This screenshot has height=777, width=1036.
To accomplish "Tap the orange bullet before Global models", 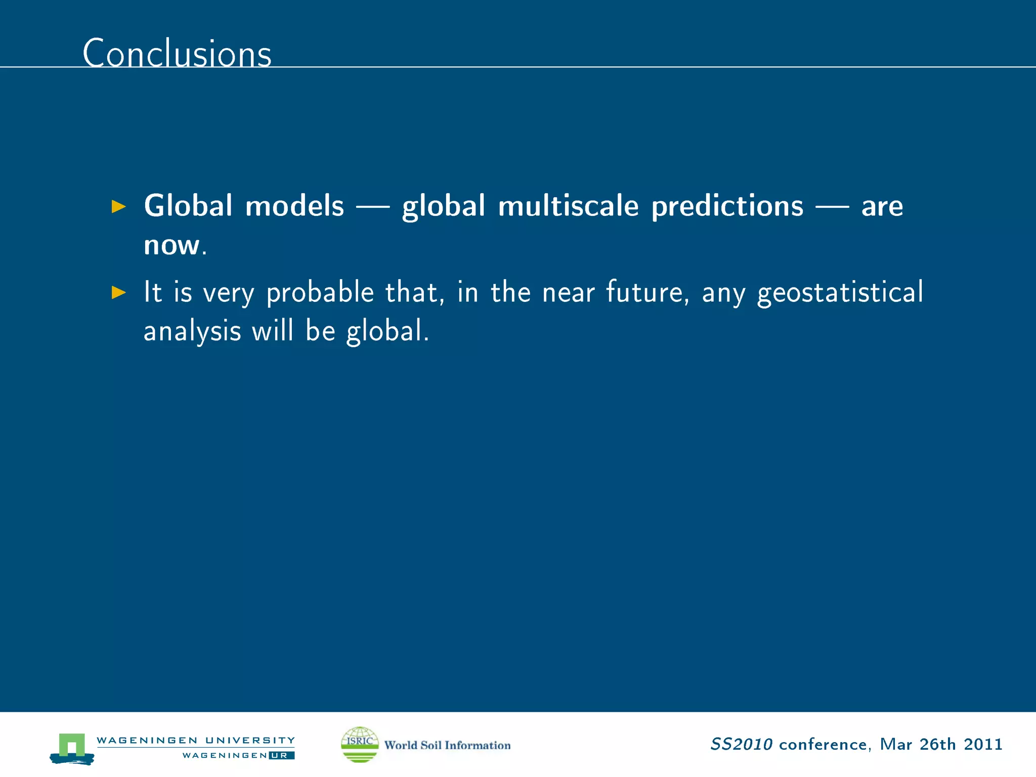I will (x=118, y=206).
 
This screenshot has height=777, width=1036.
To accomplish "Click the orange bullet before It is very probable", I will (x=118, y=292).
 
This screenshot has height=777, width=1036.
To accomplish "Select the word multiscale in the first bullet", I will (x=568, y=206).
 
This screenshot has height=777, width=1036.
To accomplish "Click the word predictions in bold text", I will (x=727, y=207).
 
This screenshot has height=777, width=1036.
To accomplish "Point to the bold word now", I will (x=171, y=245).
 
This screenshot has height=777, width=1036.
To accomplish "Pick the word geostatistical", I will (x=840, y=293).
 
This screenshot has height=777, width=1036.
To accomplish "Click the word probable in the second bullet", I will (x=320, y=293).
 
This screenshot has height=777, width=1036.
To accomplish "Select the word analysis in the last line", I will (x=192, y=332).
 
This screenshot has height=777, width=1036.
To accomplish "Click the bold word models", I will (x=294, y=206).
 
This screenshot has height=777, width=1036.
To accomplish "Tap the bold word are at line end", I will (x=882, y=207).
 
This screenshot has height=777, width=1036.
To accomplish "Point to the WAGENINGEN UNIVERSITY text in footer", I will (x=195, y=740).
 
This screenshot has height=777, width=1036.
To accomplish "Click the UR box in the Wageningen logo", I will (x=281, y=755).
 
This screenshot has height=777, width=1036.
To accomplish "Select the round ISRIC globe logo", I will (x=360, y=744).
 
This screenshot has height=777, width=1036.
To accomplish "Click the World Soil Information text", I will (x=447, y=745).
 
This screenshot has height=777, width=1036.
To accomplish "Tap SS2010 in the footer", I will (x=741, y=744).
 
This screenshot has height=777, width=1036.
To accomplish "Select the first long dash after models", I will (x=373, y=206).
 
